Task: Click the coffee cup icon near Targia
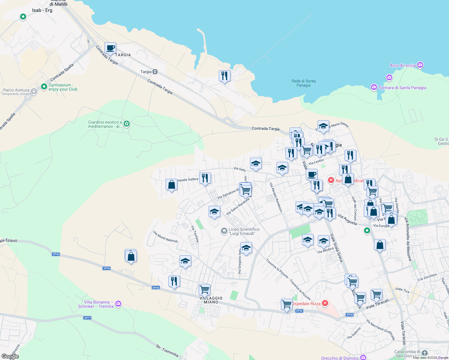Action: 110,48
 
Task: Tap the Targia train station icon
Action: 155,72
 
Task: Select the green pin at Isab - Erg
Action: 23,17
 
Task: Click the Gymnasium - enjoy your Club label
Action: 63,87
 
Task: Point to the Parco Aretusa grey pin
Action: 34,91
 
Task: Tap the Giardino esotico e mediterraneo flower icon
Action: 127,124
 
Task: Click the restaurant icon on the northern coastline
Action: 224,76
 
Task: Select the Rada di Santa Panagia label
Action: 303,83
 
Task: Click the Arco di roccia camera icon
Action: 420,65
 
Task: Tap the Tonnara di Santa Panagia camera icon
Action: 374,87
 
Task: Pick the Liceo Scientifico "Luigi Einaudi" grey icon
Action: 224,231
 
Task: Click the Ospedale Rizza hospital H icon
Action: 325,303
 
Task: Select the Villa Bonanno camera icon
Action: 118,304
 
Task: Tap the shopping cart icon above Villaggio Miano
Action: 204,290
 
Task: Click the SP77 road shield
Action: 87,318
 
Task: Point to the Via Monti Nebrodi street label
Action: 165,237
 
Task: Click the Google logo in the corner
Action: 10,356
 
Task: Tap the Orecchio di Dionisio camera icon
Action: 363,358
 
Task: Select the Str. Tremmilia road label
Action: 167,351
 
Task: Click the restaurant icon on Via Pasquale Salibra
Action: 205,178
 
